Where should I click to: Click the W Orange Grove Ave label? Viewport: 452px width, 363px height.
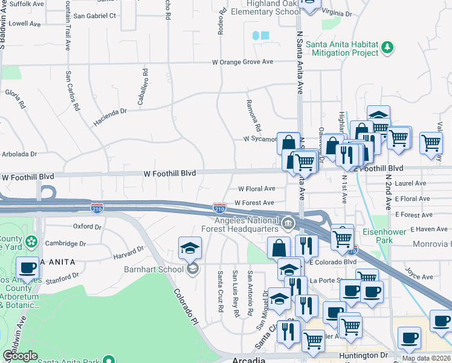click(x=242, y=62)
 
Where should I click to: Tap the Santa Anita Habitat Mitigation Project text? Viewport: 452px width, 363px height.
click(x=342, y=48)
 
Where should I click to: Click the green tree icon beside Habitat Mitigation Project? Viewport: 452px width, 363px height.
click(x=387, y=47)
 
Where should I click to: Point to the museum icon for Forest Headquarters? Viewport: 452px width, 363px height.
click(x=288, y=224)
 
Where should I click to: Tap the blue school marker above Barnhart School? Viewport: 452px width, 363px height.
click(x=190, y=248)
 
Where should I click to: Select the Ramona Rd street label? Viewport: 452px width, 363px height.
click(x=253, y=115)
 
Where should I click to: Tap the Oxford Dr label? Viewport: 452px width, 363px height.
click(x=87, y=226)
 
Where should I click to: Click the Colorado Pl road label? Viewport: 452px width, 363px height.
click(x=186, y=304)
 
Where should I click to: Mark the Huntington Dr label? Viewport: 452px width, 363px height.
click(x=363, y=355)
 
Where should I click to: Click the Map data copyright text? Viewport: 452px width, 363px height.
click(x=426, y=358)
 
